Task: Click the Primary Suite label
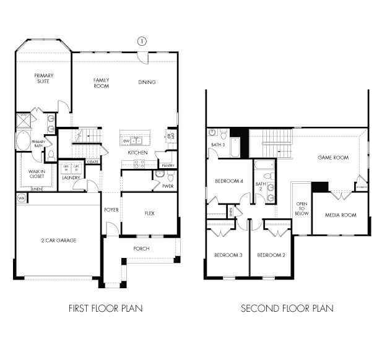pyautogui.click(x=43, y=78)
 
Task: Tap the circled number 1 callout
pyautogui.click(x=142, y=41)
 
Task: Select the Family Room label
pyautogui.click(x=102, y=83)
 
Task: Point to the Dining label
pyautogui.click(x=147, y=82)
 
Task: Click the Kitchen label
pyautogui.click(x=137, y=152)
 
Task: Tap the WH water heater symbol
pyautogui.click(x=21, y=198)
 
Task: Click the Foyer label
pyautogui.click(x=111, y=210)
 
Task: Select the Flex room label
pyautogui.click(x=149, y=213)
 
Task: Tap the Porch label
pyautogui.click(x=141, y=249)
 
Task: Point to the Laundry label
pyautogui.click(x=71, y=177)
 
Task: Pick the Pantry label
pyautogui.click(x=166, y=165)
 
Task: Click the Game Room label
pyautogui.click(x=333, y=158)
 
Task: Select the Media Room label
pyautogui.click(x=340, y=215)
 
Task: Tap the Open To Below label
pyautogui.click(x=302, y=208)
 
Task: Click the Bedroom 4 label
pyautogui.click(x=229, y=181)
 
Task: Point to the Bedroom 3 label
pyautogui.click(x=227, y=255)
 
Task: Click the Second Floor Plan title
pyautogui.click(x=287, y=307)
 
